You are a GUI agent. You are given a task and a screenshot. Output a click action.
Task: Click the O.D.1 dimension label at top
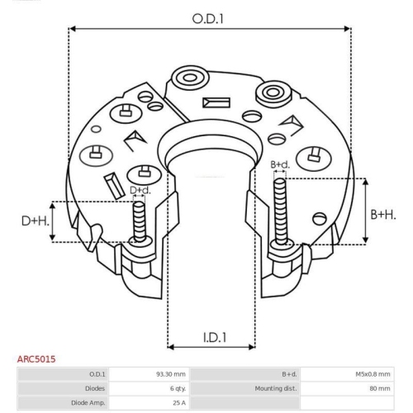point(207,19)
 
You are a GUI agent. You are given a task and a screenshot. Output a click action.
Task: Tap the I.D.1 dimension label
point(215,337)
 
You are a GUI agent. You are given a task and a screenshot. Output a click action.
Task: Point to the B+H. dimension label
point(383,215)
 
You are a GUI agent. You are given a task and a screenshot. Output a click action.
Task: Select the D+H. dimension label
point(36,221)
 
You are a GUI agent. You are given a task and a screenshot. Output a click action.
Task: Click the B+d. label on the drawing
point(280,164)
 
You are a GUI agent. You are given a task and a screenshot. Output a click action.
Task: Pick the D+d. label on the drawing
point(140,190)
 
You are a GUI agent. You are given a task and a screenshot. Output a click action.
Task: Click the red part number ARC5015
point(36,359)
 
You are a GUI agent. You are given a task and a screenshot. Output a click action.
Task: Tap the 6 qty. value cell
point(178,388)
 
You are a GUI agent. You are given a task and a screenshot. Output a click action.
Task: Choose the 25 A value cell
point(179,403)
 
